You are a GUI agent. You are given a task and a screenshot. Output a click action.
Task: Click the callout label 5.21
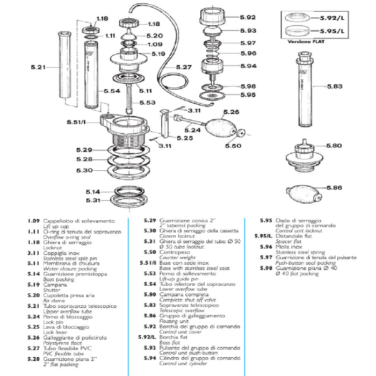coord(38,67)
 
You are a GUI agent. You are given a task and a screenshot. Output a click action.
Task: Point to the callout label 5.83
coord(335,86)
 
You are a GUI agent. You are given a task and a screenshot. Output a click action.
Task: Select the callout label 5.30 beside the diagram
coord(84,170)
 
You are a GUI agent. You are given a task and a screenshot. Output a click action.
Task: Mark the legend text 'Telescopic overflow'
coord(182,310)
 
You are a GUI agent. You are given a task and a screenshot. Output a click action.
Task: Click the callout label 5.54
coord(112,91)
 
